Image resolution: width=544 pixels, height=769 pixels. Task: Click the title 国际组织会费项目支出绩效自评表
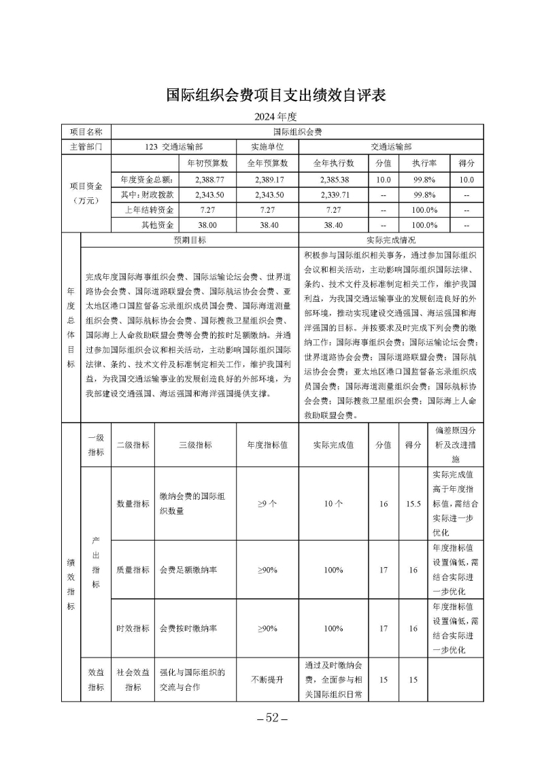277,95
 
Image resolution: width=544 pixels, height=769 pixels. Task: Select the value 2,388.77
205,180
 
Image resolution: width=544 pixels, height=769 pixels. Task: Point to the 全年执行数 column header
333,163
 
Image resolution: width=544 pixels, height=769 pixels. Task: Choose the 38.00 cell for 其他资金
205,224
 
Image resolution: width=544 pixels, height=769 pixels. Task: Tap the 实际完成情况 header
391,240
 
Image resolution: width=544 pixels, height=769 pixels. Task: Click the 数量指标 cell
133,504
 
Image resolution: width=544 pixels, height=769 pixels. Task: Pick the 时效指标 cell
133,628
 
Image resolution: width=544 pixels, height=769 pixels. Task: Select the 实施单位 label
267,146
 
